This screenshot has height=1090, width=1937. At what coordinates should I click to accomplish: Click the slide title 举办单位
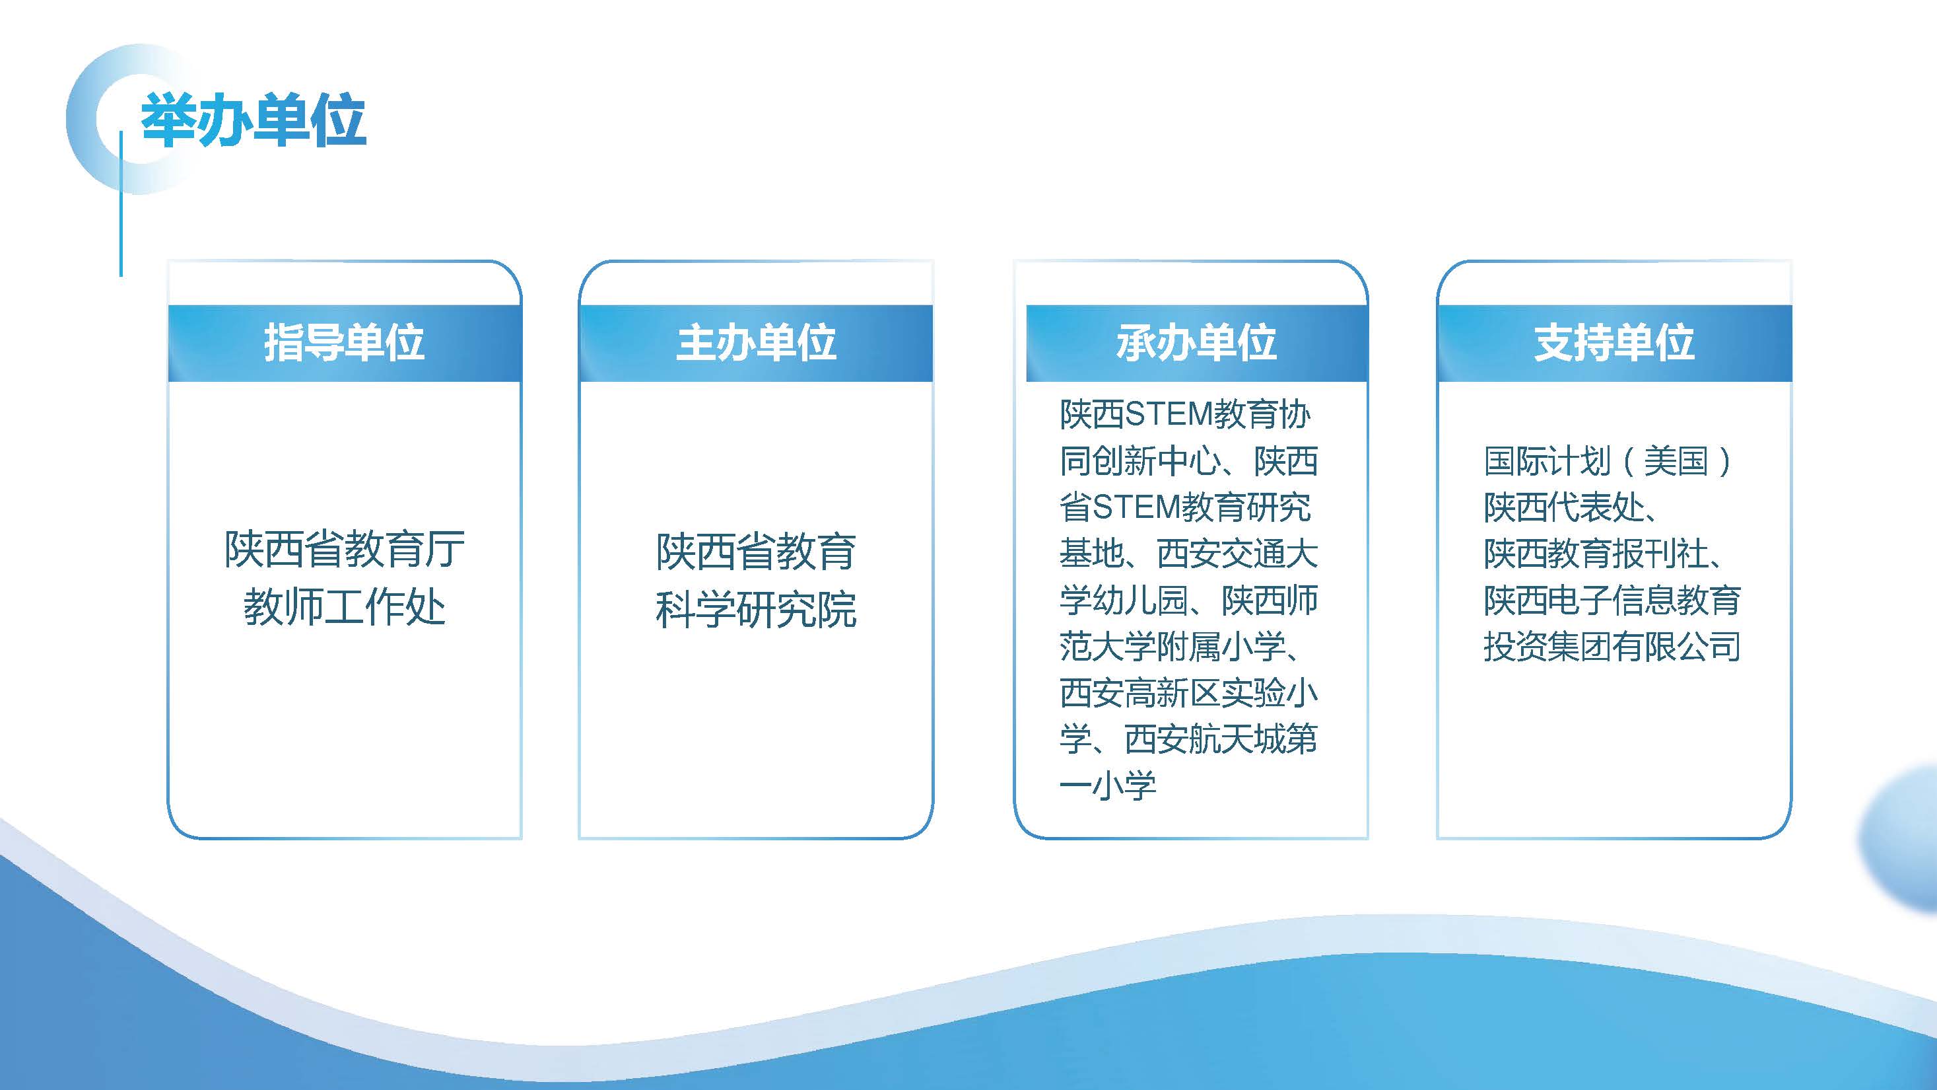pyautogui.click(x=254, y=120)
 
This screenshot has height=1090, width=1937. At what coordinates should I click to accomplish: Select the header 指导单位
pyautogui.click(x=345, y=343)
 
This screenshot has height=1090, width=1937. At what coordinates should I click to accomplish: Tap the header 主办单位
pyautogui.click(x=756, y=343)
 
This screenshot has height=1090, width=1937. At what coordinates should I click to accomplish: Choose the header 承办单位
pyautogui.click(x=1196, y=343)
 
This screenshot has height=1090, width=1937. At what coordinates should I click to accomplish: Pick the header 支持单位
pyautogui.click(x=1614, y=343)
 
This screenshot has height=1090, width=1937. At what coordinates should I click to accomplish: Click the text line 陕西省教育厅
pyautogui.click(x=345, y=549)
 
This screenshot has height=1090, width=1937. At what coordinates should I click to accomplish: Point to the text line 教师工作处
pyautogui.click(x=345, y=606)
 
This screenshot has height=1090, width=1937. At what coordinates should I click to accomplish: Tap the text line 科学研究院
pyautogui.click(x=756, y=608)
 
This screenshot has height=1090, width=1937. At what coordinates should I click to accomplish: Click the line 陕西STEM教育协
pyautogui.click(x=1185, y=414)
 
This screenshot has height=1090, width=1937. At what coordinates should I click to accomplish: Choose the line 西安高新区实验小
pyautogui.click(x=1189, y=693)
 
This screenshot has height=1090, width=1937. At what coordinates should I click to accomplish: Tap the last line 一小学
pyautogui.click(x=1108, y=786)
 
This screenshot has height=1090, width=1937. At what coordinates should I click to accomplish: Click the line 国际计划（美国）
pyautogui.click(x=1608, y=461)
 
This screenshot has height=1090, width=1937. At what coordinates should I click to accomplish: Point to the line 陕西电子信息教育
pyautogui.click(x=1612, y=600)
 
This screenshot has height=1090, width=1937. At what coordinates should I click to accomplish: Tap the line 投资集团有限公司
pyautogui.click(x=1612, y=647)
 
